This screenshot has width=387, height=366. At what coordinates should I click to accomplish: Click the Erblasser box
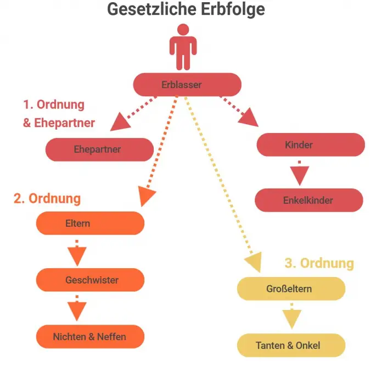(x=187, y=85)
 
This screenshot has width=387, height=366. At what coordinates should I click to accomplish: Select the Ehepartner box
(x=99, y=149)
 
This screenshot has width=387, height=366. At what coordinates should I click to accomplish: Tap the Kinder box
(x=311, y=145)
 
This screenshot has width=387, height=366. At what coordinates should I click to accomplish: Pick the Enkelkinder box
(x=309, y=200)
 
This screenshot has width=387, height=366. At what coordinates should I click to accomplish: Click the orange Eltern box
(x=90, y=223)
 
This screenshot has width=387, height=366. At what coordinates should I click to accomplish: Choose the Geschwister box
(x=90, y=280)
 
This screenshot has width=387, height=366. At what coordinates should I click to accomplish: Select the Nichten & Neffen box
(x=90, y=336)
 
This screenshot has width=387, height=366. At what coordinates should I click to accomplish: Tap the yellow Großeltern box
(x=291, y=289)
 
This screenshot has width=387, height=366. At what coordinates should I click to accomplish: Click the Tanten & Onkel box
(x=291, y=345)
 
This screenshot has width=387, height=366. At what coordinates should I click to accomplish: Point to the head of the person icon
(x=183, y=30)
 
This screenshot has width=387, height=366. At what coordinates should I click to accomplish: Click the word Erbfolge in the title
(x=233, y=9)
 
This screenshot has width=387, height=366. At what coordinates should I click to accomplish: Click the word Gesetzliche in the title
(x=152, y=9)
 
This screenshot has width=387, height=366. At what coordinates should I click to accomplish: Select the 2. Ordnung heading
(x=47, y=198)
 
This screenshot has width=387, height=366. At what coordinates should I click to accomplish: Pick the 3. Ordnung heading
(x=319, y=263)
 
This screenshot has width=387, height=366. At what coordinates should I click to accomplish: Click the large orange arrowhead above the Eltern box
(x=145, y=196)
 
